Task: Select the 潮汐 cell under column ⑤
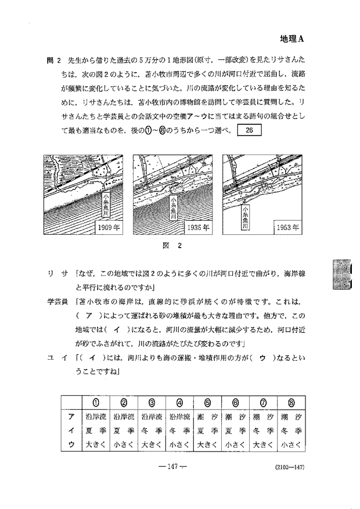pos(207,417)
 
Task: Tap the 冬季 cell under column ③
pos(151,431)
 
